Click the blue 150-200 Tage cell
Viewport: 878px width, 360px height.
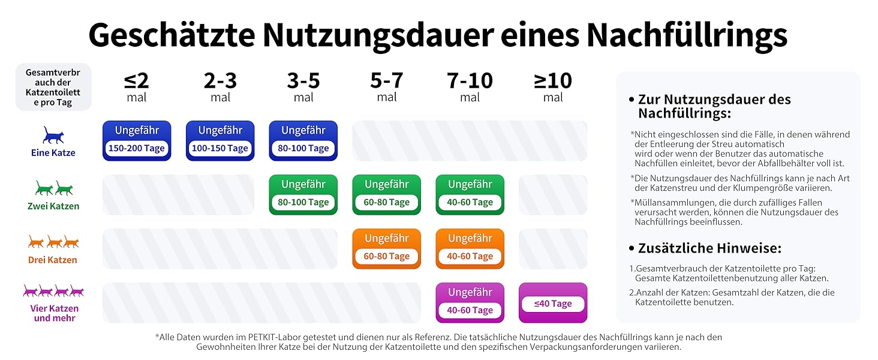pos(137,141)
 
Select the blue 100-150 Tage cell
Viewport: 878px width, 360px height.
pos(220,141)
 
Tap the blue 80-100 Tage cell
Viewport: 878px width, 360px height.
pos(303,141)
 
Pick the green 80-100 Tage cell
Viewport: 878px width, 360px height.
pos(303,194)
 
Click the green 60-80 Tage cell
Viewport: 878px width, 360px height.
pos(387,194)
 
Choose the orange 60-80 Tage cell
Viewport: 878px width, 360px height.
pos(387,248)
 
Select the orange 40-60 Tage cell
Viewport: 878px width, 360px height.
pos(470,248)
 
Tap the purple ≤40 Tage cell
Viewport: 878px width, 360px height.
pos(553,303)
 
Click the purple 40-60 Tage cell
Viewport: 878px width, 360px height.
pos(470,302)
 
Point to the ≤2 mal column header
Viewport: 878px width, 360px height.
pos(137,87)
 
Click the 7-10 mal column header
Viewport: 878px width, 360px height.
pos(470,87)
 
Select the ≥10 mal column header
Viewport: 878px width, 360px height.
pos(553,87)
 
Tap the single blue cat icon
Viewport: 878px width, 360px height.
pos(53,135)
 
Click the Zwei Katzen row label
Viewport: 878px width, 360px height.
pos(53,206)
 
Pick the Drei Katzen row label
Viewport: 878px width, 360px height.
pos(53,260)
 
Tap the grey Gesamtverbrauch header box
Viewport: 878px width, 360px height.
pos(53,87)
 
